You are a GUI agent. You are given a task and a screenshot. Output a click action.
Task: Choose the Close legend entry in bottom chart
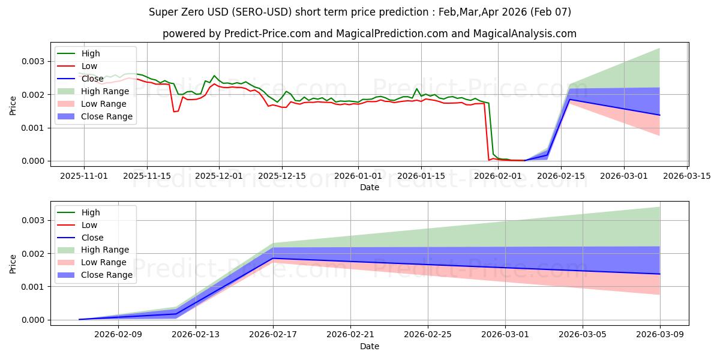(x=92, y=238)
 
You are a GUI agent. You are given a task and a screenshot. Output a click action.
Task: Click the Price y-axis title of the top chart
(x=13, y=106)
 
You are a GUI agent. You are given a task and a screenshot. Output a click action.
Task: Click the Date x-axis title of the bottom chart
(x=369, y=346)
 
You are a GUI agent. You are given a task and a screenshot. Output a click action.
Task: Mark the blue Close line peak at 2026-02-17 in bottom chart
(x=274, y=258)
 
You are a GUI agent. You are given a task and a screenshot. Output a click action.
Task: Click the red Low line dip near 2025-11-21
(x=173, y=112)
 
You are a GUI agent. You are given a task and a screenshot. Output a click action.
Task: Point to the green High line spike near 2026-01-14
(x=416, y=89)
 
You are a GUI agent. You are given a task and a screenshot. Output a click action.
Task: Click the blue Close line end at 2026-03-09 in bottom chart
(x=660, y=274)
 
